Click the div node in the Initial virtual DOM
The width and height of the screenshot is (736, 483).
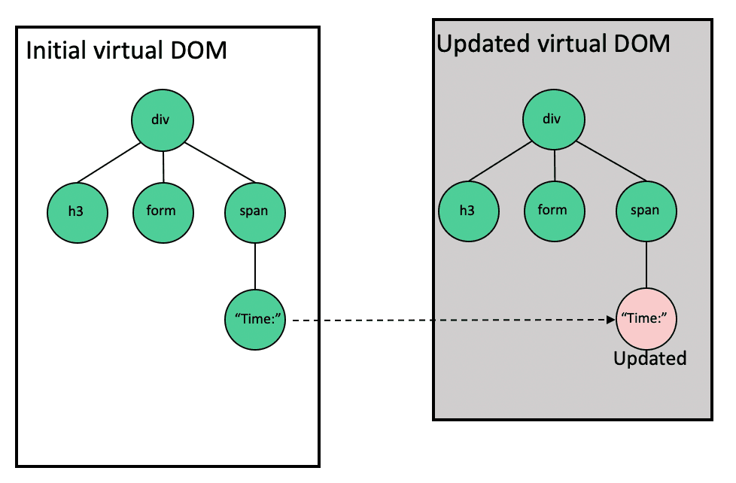coord(163,120)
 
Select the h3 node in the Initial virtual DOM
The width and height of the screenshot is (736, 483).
coord(75,211)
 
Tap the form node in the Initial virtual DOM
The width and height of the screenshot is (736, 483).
coord(163,211)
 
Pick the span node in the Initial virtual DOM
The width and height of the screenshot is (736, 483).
coord(255,211)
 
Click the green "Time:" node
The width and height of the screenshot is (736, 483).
coord(256,320)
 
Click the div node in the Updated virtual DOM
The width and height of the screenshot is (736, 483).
coord(554,120)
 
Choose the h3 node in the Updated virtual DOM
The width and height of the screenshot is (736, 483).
coord(468,211)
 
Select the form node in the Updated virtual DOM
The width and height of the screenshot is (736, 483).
coord(554,210)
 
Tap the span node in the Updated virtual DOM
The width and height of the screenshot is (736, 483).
coord(646,211)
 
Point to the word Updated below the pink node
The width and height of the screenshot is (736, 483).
coord(650,359)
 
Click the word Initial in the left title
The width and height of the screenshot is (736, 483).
coord(53,51)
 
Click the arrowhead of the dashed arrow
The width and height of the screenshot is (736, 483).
coord(610,320)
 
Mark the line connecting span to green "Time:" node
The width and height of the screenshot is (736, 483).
coord(256,265)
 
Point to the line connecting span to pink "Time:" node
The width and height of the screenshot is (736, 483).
coord(646,264)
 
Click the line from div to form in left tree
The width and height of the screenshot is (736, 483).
coord(163,166)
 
